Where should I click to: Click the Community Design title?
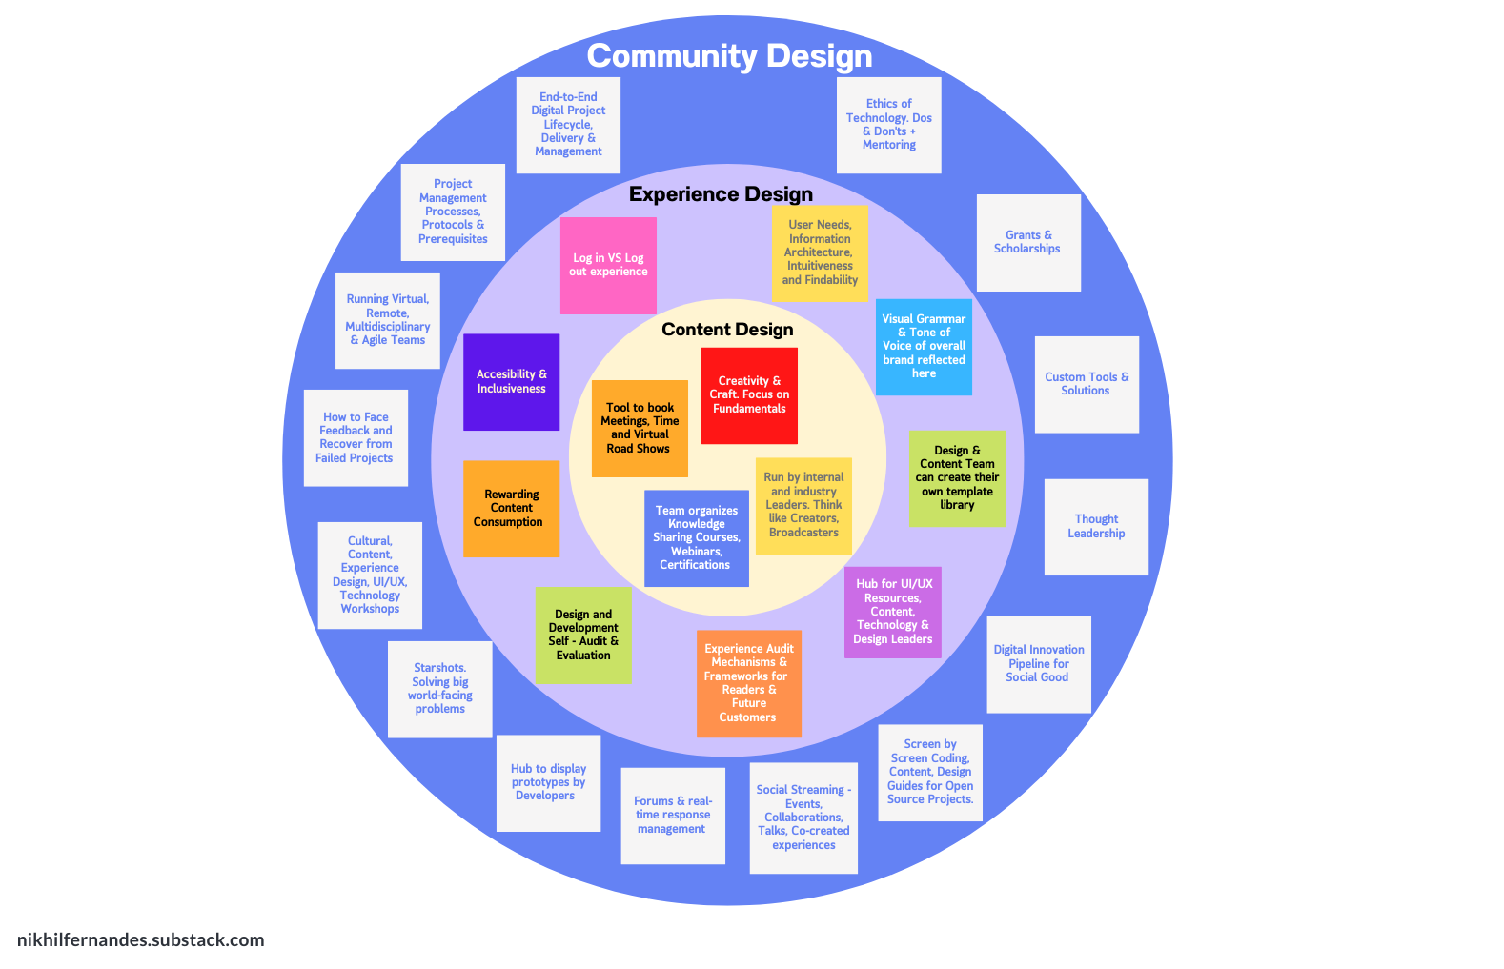click(x=729, y=56)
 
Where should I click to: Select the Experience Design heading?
click(x=721, y=194)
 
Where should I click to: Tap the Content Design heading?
click(x=727, y=330)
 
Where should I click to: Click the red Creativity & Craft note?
click(x=749, y=395)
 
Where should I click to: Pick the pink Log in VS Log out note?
click(x=608, y=265)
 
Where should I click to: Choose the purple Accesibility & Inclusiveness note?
click(x=512, y=381)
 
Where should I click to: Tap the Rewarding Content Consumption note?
click(x=511, y=509)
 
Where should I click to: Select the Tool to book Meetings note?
click(x=640, y=428)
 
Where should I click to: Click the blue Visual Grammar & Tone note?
click(x=924, y=347)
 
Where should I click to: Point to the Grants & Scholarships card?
click(x=1027, y=242)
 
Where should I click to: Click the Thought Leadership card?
click(x=1096, y=527)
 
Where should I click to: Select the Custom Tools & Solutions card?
click(x=1087, y=384)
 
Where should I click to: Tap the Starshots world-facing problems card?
click(x=440, y=689)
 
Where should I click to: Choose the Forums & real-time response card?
click(x=673, y=816)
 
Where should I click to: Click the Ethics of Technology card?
click(x=889, y=125)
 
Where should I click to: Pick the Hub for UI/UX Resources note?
click(x=892, y=612)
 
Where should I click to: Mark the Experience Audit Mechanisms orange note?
click(x=748, y=683)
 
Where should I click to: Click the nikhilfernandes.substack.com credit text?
click(x=141, y=940)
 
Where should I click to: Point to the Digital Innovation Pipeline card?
click(x=1039, y=664)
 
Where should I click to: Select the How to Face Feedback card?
click(x=356, y=437)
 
